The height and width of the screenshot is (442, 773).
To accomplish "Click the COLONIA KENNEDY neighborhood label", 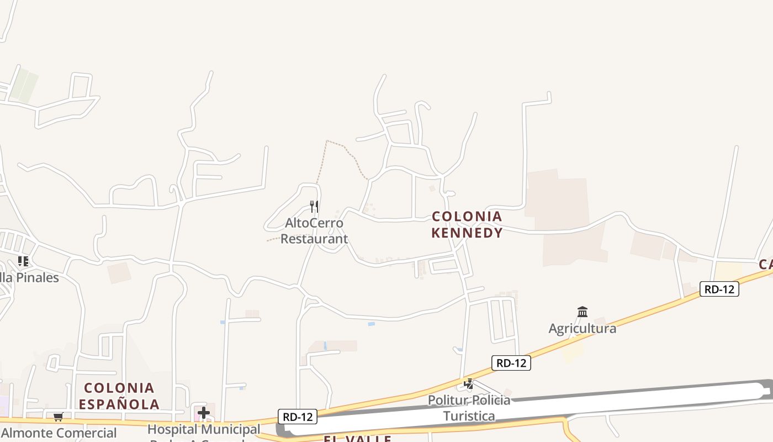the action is tap(467, 224).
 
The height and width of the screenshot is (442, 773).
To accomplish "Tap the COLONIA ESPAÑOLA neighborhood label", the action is tap(119, 396).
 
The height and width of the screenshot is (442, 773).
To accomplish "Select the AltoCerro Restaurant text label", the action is tap(314, 231).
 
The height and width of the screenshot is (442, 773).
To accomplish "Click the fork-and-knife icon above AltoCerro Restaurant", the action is tap(314, 207).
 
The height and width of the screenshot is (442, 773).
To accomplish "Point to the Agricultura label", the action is tap(582, 328).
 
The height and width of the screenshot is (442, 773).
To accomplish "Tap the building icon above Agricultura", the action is tap(582, 312).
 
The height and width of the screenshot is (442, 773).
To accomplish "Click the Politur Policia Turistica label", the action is tap(469, 407).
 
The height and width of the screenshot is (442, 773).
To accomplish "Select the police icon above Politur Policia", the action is tap(469, 383).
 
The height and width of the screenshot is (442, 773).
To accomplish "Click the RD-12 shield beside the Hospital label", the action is tap(297, 417).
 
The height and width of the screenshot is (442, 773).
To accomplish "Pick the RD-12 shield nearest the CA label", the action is tap(719, 288).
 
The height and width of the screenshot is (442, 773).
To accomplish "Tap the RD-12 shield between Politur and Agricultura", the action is tap(511, 363).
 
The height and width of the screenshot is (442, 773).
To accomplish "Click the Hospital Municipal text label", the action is tap(204, 429).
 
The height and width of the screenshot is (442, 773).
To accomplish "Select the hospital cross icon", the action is tap(204, 412).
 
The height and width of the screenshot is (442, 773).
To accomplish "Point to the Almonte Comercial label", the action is tap(59, 433).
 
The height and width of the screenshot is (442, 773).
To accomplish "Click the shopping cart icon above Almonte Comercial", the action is tap(58, 417).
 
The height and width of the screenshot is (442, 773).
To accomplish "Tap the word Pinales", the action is tap(37, 277).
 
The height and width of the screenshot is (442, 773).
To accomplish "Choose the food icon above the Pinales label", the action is tap(23, 261).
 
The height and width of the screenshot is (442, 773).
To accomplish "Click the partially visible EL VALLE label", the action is tap(357, 439).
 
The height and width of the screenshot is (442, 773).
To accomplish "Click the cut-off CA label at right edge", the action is tap(765, 265).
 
